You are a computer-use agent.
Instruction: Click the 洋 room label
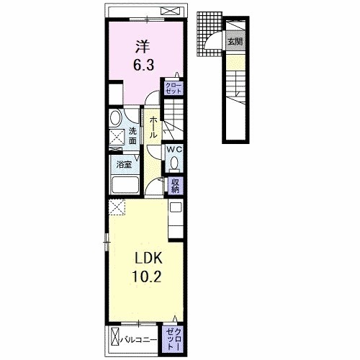[143, 47]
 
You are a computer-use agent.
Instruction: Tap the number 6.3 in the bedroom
[143, 65]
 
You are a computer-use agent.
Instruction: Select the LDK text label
[149, 258]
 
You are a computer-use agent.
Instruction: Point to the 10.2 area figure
[146, 276]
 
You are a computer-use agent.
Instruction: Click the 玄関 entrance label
[235, 42]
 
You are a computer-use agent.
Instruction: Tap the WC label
[174, 150]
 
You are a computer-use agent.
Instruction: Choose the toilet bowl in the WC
[174, 163]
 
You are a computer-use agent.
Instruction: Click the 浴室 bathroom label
[124, 165]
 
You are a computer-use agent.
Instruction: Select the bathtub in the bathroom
[125, 185]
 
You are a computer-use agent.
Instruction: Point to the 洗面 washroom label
[132, 135]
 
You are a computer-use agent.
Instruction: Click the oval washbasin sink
[116, 117]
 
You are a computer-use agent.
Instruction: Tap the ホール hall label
[153, 127]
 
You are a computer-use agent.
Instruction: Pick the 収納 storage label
[175, 186]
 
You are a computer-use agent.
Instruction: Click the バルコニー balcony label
[139, 340]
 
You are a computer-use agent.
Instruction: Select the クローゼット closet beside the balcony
[174, 339]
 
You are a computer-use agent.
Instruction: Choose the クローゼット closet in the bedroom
[174, 89]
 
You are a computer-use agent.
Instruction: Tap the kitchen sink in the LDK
[176, 207]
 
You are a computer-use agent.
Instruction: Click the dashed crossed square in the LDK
[117, 207]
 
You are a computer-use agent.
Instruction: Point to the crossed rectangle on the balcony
[115, 340]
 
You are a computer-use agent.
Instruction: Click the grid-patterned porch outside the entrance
[210, 34]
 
